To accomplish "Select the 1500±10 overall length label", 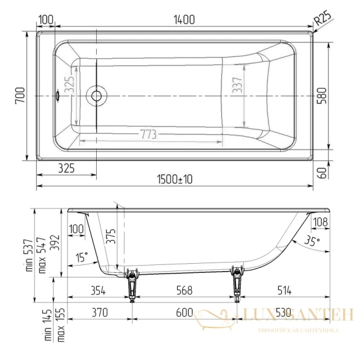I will coord(174,179).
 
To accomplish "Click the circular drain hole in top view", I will coord(96,95).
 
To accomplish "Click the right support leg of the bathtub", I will coord(237,284).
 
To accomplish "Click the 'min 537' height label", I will coord(29,254).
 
